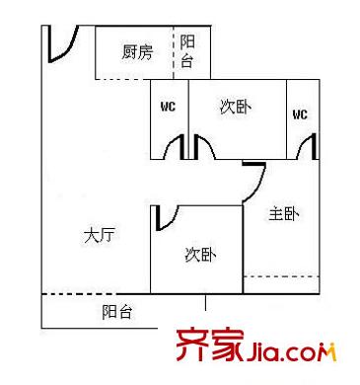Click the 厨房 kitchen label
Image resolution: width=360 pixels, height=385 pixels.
[x=137, y=52]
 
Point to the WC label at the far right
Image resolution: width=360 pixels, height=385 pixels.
[x=300, y=115]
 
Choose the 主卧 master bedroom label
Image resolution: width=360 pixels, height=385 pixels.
[x=284, y=212]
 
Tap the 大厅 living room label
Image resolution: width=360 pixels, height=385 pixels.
[x=100, y=236]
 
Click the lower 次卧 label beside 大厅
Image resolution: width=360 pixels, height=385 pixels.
[x=200, y=256]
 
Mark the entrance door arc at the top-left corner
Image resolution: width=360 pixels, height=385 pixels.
[x=61, y=43]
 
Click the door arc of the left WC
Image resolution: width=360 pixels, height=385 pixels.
[x=176, y=149]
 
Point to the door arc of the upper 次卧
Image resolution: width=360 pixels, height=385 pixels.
[x=204, y=148]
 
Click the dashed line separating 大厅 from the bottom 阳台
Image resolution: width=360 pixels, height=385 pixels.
[x=94, y=293]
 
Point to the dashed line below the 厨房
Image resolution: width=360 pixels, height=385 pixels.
[x=136, y=78]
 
